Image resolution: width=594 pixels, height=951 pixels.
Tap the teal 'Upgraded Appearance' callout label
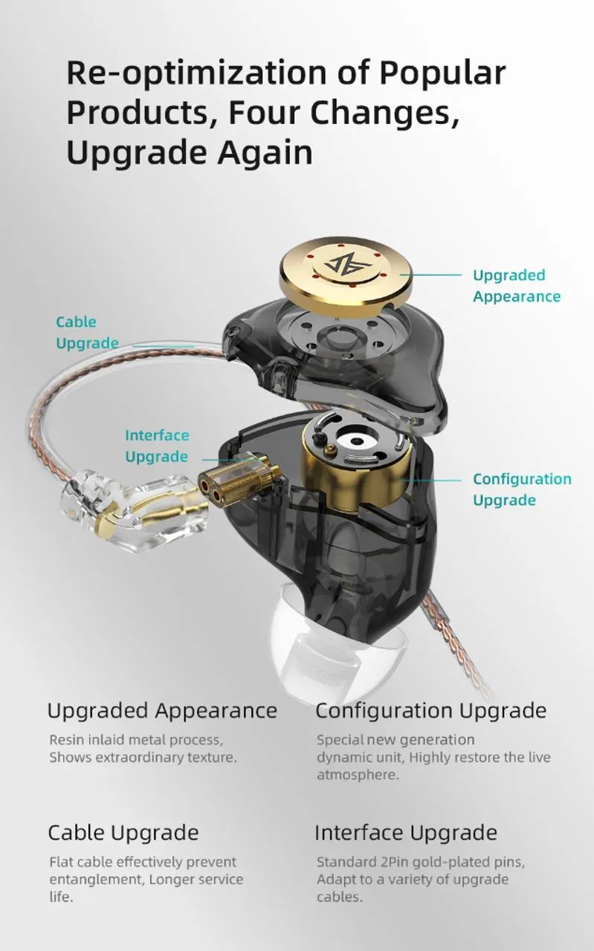point(517,286)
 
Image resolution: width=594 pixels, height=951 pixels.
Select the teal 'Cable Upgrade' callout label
point(87,332)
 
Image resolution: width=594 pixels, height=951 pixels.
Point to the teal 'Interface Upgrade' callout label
point(157,446)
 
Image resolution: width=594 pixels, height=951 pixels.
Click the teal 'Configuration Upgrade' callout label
point(522,490)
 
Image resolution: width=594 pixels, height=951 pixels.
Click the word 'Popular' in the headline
point(442,74)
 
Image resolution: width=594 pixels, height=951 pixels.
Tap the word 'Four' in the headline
point(264,112)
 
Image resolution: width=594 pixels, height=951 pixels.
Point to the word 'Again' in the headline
point(265,153)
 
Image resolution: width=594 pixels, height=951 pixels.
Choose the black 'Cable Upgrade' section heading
point(123,833)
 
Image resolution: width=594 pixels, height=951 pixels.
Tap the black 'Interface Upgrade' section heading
point(406,833)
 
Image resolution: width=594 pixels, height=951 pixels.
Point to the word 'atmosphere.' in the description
point(358,775)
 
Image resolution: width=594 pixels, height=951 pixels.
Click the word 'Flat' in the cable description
point(61,862)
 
